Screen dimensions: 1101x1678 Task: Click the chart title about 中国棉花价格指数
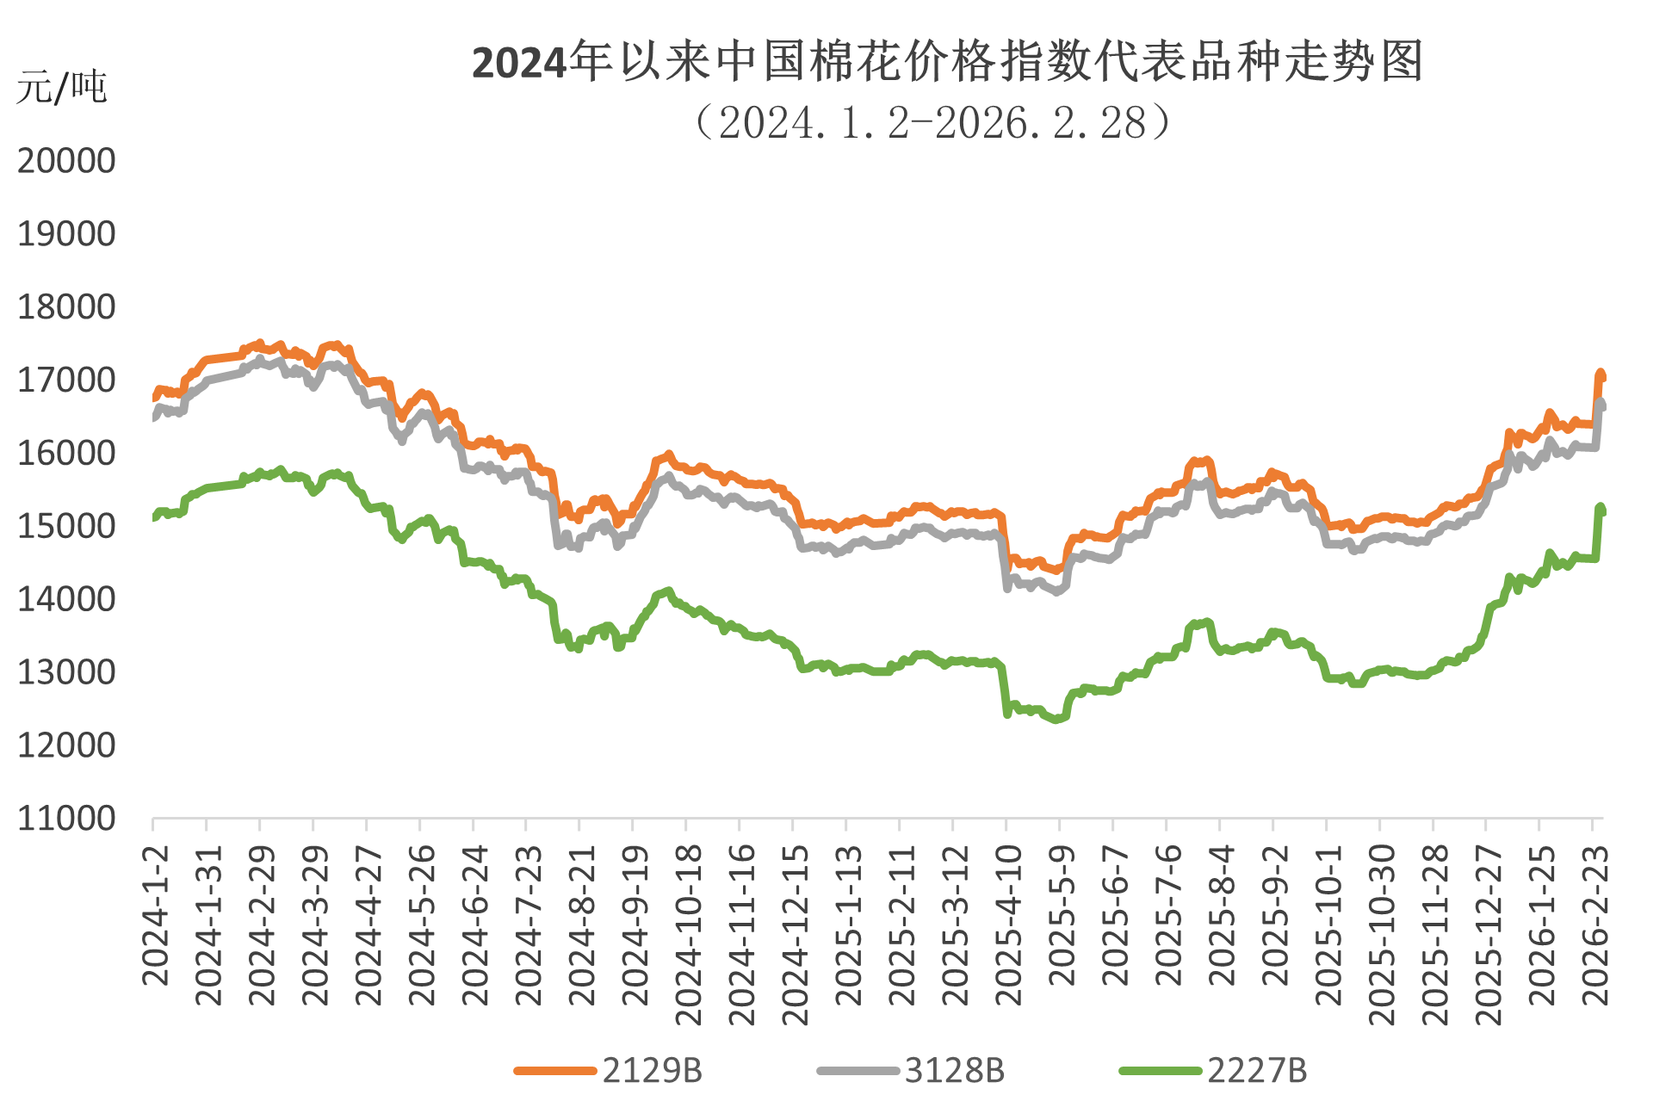[947, 62]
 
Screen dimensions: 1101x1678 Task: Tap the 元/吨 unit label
[61, 88]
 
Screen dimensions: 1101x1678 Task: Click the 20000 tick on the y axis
[66, 161]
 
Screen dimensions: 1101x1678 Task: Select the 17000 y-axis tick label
[66, 380]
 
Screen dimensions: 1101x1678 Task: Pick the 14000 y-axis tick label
[66, 599]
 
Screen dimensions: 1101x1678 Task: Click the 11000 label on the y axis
[66, 819]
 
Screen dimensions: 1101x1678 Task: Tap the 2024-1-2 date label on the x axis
[155, 916]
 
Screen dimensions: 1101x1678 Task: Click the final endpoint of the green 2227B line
[1601, 509]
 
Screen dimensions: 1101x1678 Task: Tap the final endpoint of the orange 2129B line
[1601, 375]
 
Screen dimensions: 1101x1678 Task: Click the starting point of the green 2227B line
[154, 517]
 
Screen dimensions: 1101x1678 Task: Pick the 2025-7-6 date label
[1169, 916]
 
